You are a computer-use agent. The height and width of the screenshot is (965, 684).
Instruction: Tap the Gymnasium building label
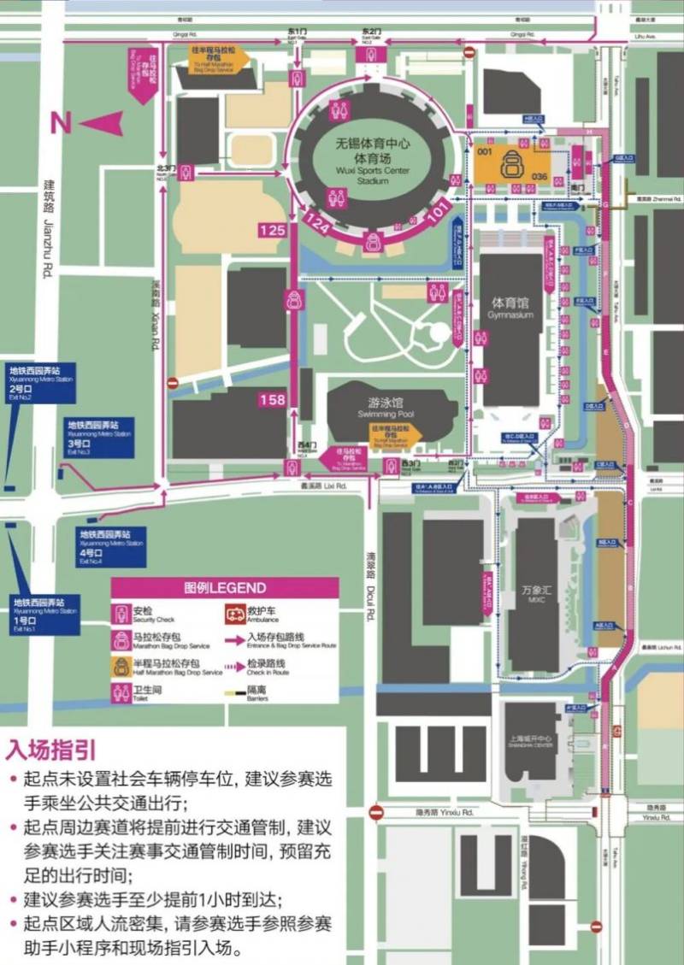click(x=510, y=309)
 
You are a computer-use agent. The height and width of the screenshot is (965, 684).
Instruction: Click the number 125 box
click(x=272, y=230)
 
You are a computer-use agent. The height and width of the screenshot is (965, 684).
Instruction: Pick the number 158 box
click(x=272, y=399)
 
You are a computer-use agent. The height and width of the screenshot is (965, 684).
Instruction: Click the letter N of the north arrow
click(x=60, y=122)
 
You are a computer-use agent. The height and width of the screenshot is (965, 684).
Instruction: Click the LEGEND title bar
click(x=224, y=588)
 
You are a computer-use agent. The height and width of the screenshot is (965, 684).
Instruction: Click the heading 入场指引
click(x=51, y=750)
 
